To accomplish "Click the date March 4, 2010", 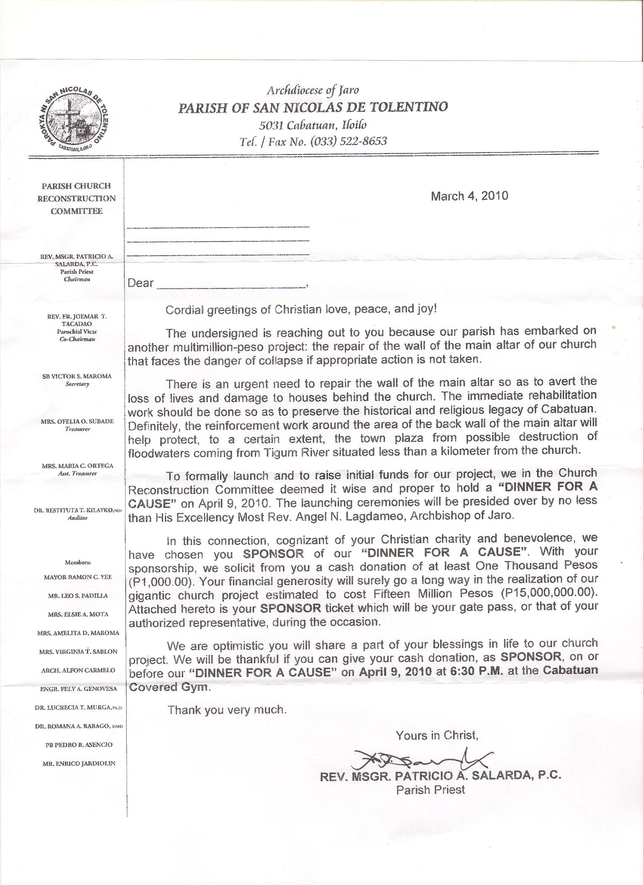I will point(469,196).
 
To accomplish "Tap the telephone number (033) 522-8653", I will point(348,141).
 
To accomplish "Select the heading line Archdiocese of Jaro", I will point(312,90).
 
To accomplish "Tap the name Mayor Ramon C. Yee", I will point(78,577).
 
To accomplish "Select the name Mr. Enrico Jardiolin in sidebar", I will point(79,763).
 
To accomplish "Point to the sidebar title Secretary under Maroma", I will point(77,384).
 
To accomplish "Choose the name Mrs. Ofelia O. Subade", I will point(77,421).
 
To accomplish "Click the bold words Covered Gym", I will point(169,687).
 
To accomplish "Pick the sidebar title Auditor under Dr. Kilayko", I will point(78,518).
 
